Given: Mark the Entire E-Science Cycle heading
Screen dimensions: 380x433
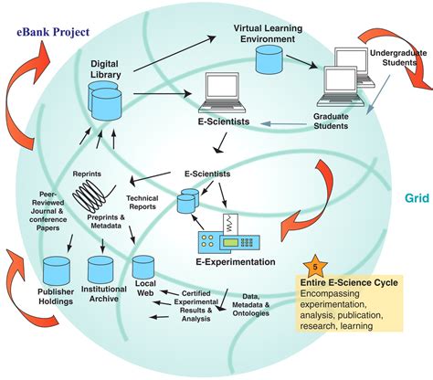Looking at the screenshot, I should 351,284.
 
